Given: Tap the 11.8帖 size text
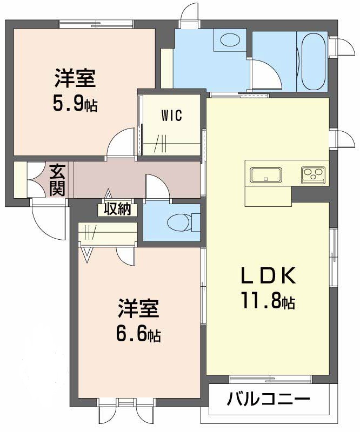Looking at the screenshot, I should click(268, 301).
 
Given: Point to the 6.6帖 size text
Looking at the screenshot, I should click(138, 334).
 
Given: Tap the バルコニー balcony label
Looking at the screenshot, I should click(268, 400).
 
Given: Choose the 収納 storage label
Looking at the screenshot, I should click(118, 209).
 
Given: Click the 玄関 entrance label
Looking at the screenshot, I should click(57, 180).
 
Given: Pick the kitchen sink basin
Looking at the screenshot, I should click(265, 175).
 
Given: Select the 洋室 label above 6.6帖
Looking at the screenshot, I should click(138, 310).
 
